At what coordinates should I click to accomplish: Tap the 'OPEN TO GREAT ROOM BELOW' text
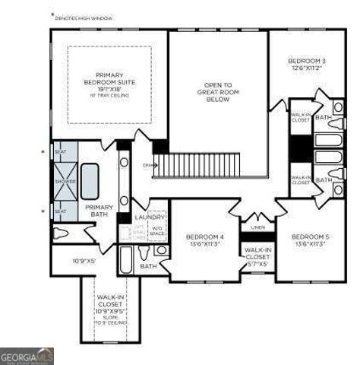218,92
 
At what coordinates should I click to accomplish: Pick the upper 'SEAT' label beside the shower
61,152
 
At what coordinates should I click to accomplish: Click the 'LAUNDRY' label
149,217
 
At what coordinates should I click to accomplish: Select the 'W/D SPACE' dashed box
157,230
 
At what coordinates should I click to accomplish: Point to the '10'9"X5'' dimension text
84,262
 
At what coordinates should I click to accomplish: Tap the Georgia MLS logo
27,356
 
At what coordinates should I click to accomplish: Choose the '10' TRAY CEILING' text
109,96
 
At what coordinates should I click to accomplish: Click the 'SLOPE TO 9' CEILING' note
109,320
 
